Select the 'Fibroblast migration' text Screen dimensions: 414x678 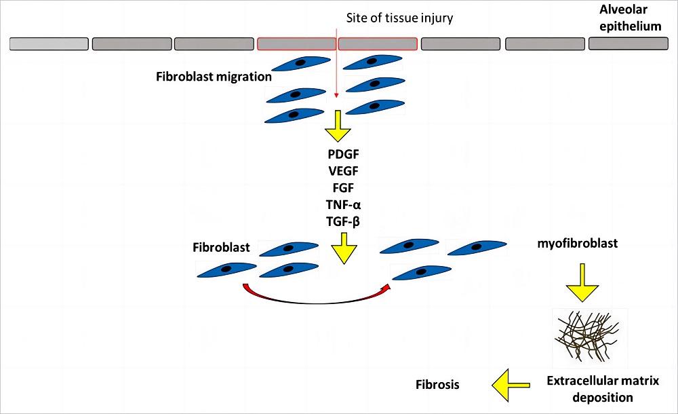(214, 77)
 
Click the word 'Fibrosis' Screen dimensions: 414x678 (437, 385)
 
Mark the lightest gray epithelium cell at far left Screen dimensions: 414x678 (49, 43)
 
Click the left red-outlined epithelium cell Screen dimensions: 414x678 (296, 43)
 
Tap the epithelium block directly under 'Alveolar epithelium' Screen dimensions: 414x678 (628, 43)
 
